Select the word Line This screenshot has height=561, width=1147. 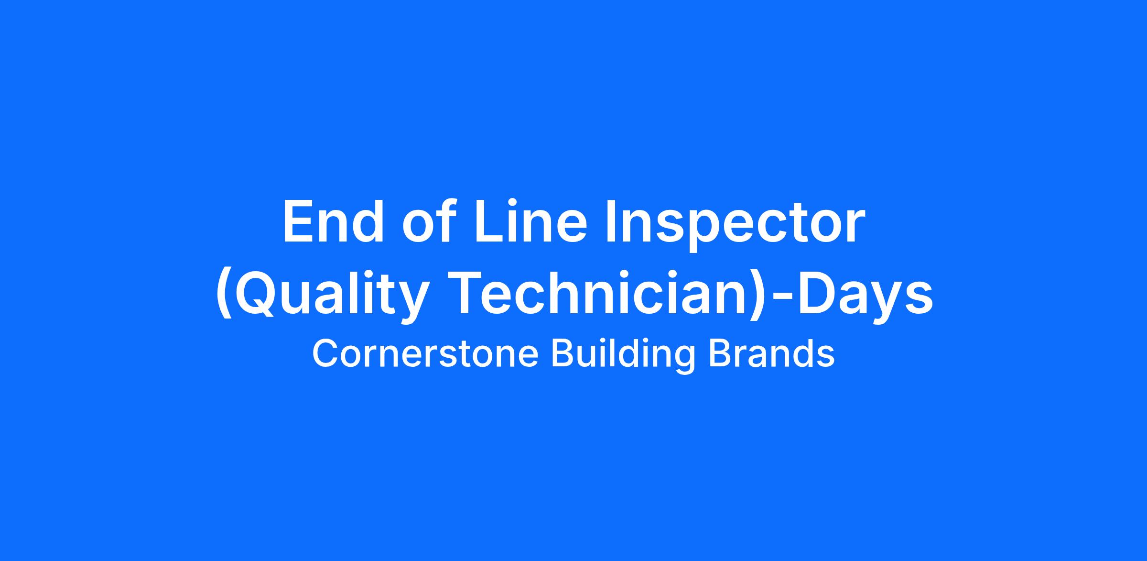(530, 221)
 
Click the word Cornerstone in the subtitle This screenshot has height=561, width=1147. (425, 354)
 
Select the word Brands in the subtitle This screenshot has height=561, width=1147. (771, 354)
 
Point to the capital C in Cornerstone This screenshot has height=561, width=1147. (326, 354)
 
